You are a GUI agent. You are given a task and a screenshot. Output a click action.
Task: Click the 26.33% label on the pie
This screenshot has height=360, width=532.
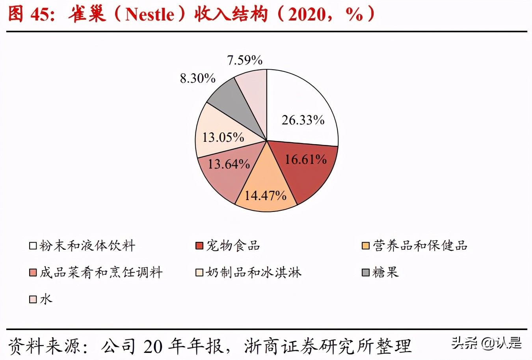[x=303, y=120]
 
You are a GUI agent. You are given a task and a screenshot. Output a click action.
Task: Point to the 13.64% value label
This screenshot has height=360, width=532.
[x=229, y=164]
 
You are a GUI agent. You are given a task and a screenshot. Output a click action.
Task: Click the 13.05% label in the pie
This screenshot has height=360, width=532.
[x=223, y=137]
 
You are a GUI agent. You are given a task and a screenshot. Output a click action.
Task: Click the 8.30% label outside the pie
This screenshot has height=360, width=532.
[x=197, y=78]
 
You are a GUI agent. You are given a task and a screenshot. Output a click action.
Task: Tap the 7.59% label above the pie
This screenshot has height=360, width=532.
[x=244, y=60]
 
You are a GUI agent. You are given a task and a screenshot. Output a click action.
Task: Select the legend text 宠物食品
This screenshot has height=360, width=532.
[x=233, y=245]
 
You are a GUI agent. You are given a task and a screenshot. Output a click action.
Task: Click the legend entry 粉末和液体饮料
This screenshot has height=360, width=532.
[x=87, y=245]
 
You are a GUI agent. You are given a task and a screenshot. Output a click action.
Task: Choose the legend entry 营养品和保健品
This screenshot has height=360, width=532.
[x=420, y=245]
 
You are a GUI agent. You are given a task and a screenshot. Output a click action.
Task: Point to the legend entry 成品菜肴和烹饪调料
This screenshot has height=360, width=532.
[x=101, y=272]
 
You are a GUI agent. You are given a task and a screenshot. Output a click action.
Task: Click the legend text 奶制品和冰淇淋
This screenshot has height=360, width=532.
[x=253, y=272]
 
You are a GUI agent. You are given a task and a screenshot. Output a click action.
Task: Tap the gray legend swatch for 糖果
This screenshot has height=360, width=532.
[x=365, y=272]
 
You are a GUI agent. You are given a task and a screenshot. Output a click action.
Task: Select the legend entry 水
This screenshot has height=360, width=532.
[x=46, y=299]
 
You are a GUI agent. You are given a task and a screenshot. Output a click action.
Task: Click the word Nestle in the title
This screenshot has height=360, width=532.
[x=149, y=14]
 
